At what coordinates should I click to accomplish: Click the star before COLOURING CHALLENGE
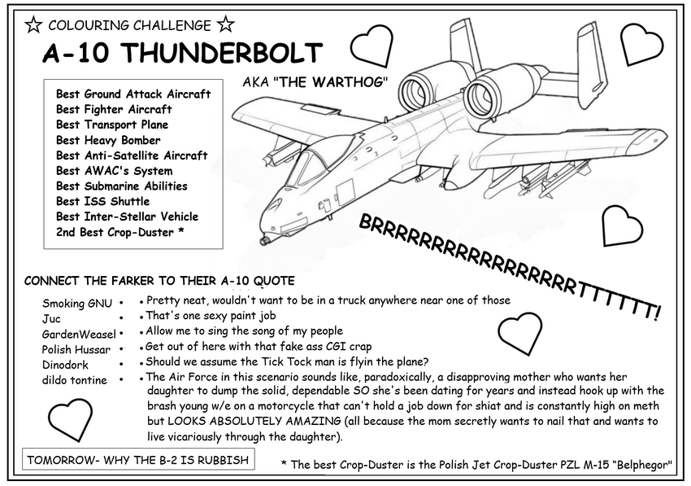coord(33,25)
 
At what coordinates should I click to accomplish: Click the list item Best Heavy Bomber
coord(108,140)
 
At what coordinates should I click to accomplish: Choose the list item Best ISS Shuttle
coord(102,201)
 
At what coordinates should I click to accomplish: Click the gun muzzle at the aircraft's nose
coord(263,241)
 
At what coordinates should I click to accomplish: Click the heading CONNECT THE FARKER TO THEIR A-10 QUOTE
coord(148,281)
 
